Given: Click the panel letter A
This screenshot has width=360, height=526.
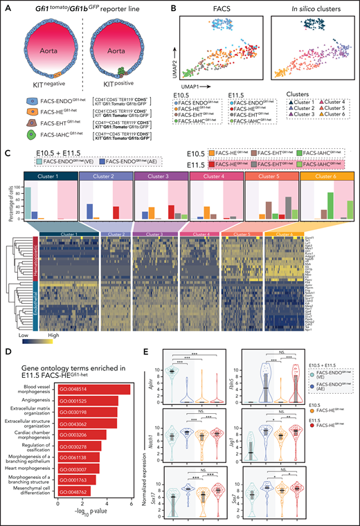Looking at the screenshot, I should point(8,7).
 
